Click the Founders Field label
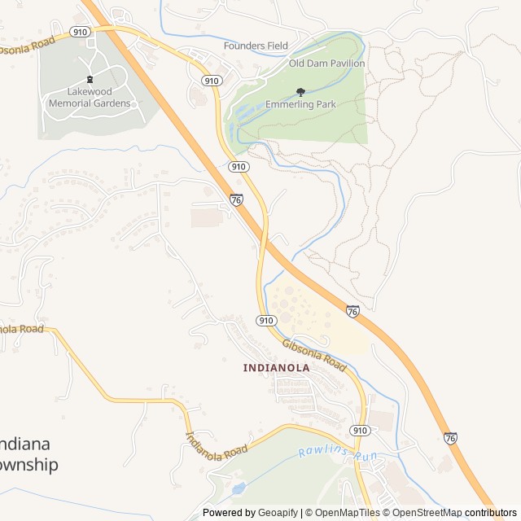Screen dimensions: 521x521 pos(256,46)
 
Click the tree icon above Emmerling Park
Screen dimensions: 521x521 pos(300,92)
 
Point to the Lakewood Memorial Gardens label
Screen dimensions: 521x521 pos(89,98)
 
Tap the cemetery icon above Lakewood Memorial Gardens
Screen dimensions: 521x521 pos(89,80)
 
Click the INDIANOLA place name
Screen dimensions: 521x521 pos(277,367)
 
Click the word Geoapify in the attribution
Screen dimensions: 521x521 pos(278,513)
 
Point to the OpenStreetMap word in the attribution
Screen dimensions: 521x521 pos(423,513)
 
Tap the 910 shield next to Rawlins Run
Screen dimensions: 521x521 pos(361,429)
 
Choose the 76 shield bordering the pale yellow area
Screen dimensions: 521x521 pos(352,311)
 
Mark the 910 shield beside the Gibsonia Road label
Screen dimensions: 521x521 pos(265,321)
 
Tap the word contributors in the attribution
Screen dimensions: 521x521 pos(491,513)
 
